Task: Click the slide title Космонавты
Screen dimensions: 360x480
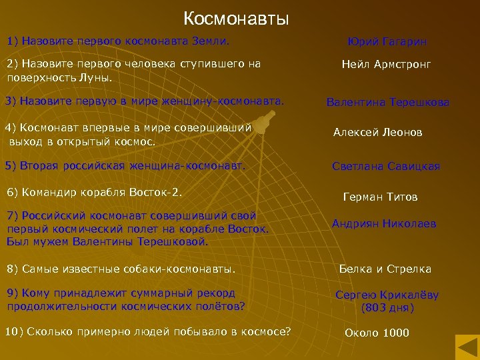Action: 236,18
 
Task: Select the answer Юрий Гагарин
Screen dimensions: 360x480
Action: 387,42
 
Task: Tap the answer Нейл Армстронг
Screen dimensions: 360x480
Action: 386,65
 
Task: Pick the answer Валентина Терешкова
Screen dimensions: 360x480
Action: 387,103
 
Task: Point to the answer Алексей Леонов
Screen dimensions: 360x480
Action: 377,133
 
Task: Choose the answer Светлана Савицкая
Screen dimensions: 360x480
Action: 386,167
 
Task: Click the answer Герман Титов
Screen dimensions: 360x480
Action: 380,197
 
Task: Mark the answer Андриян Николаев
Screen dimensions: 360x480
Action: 384,224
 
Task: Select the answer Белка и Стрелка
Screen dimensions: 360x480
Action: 385,269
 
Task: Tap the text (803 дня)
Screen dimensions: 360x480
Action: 387,308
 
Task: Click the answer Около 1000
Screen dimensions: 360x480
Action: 377,333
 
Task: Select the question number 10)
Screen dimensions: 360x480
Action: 14,332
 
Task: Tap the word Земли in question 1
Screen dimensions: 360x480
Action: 211,41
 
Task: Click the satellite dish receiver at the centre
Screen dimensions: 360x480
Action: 265,122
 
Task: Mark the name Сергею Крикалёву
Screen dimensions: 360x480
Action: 387,295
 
